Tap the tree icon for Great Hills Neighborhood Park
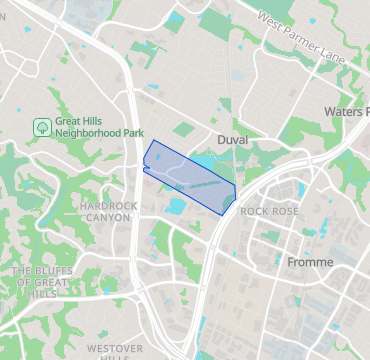tap(42, 127)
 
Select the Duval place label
tap(232, 141)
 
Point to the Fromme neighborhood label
tap(309, 261)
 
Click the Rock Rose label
tap(270, 212)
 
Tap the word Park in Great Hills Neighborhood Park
tap(132, 132)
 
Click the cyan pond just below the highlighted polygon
tap(177, 207)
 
